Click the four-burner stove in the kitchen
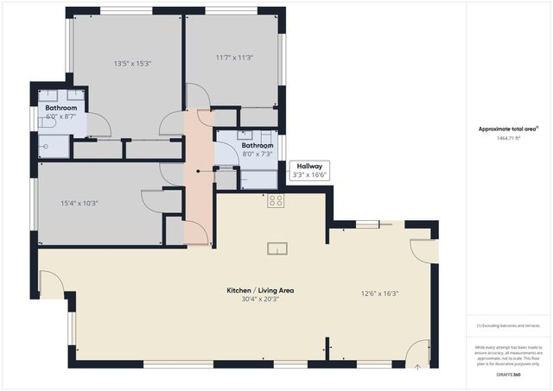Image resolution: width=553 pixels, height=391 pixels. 276,201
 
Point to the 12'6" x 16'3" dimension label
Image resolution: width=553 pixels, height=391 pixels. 379,293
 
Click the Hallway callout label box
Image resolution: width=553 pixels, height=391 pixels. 309,170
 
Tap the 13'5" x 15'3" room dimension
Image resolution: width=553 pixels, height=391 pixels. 132,63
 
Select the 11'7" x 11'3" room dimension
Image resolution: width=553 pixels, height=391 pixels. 233,58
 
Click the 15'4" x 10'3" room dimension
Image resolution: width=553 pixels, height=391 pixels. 79,204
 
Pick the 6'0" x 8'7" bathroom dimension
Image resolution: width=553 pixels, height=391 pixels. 60,116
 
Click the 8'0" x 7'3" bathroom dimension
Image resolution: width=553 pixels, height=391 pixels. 257,154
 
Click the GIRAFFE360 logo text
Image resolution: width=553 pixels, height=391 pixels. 507,375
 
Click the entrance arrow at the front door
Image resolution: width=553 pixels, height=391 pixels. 417,365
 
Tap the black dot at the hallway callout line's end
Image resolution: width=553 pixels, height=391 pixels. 198,171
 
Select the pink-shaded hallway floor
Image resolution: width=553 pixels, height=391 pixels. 198,199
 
